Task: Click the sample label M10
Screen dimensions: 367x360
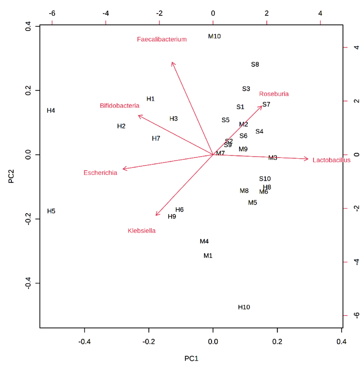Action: [215, 36]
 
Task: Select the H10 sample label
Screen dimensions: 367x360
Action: [244, 307]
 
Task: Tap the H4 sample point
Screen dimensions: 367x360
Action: [51, 111]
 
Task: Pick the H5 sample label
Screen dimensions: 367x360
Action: [51, 211]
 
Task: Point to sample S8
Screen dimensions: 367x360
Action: [255, 64]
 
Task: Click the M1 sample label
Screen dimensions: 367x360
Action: [208, 255]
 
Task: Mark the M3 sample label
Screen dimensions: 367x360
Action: [273, 158]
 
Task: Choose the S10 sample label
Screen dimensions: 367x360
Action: [265, 179]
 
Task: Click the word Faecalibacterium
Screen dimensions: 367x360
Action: [162, 39]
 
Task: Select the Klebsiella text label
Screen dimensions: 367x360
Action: [142, 231]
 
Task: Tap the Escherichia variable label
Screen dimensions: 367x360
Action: [100, 173]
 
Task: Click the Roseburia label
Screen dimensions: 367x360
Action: [274, 94]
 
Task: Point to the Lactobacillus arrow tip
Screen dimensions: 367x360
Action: [308, 159]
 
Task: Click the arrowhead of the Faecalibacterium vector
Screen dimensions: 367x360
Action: [172, 62]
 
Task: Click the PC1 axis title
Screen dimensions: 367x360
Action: [191, 358]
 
